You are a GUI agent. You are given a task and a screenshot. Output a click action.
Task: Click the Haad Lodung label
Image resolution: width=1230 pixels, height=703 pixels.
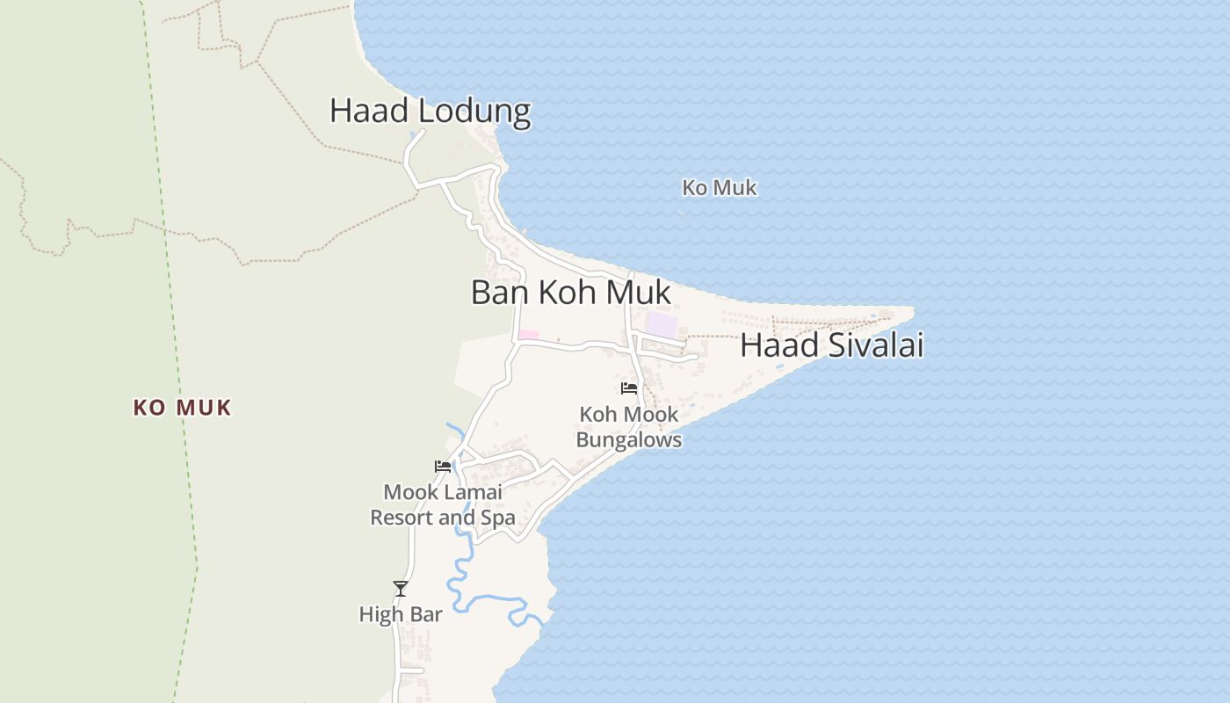tap(430, 112)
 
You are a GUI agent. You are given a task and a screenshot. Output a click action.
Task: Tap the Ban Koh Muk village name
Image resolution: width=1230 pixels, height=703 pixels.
tap(571, 293)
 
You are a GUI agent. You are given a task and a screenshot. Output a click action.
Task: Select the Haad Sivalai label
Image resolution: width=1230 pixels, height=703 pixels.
tap(831, 345)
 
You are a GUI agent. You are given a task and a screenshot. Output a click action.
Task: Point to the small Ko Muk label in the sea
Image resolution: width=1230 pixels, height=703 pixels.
tap(720, 188)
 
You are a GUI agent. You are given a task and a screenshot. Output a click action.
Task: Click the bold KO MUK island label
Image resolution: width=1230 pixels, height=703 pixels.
tap(183, 408)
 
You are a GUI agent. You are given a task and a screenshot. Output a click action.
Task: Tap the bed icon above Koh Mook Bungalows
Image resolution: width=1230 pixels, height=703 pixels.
tap(629, 388)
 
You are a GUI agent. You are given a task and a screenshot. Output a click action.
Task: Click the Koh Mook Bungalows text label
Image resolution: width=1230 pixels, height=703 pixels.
tap(629, 426)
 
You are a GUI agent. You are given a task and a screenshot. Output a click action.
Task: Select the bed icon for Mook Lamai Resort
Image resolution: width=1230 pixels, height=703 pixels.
tap(443, 466)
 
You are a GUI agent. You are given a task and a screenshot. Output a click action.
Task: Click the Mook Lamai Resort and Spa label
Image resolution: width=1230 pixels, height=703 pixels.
tap(443, 504)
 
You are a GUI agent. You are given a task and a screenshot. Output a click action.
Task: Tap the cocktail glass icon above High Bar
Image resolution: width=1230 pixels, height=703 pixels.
tap(401, 588)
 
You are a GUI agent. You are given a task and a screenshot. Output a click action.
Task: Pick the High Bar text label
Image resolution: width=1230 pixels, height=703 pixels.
tap(401, 614)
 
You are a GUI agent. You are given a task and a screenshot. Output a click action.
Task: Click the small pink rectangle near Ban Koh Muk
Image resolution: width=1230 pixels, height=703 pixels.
tap(528, 335)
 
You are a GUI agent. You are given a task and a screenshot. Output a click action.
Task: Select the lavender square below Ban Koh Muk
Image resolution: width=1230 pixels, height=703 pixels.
tap(662, 325)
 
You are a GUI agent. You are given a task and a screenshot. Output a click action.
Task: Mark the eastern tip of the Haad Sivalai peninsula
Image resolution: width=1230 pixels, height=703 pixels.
tap(912, 308)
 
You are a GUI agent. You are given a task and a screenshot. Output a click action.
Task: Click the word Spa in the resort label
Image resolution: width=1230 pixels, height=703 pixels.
tap(498, 518)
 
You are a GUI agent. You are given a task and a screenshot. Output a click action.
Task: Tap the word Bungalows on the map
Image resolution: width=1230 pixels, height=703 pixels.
tap(629, 439)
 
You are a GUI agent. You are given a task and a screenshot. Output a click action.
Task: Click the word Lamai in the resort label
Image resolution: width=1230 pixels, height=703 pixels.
tap(473, 492)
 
